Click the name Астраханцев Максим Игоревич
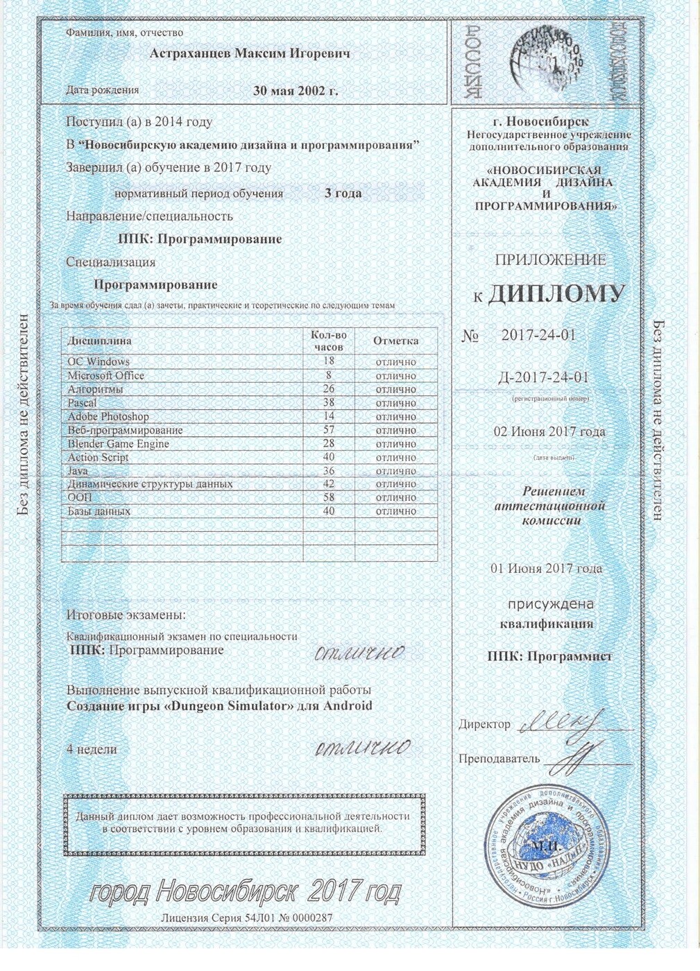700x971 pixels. tap(250, 53)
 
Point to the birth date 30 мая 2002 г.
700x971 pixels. tap(296, 90)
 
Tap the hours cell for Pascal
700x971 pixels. tap(329, 402)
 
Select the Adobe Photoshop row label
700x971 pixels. tap(108, 416)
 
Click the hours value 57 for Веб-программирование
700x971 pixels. tap(329, 430)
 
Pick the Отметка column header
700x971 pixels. tap(395, 341)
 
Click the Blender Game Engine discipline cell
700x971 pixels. tap(119, 444)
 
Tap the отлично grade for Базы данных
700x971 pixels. tap(395, 511)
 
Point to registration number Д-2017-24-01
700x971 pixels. tap(544, 377)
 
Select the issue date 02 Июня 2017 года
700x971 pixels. tap(549, 431)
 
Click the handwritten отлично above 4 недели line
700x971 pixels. tap(362, 747)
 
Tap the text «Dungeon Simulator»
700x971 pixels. tap(223, 706)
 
